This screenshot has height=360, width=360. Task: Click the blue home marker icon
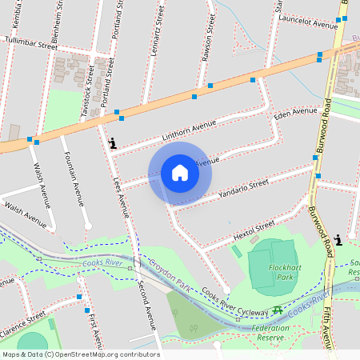[180, 173]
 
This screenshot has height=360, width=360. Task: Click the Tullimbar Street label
[31, 42]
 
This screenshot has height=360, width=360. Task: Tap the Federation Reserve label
[270, 333]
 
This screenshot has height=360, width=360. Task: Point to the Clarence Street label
[22, 322]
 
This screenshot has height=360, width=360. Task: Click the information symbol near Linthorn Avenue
[112, 144]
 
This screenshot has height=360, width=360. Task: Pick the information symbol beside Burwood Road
[340, 239]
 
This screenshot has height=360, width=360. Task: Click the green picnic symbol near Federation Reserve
[277, 310]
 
